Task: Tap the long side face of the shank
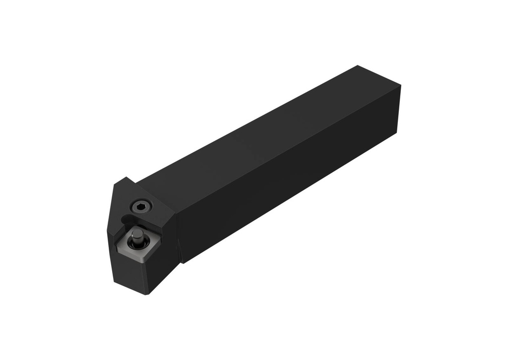pyautogui.click(x=288, y=193)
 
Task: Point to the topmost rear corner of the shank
pyautogui.click(x=358, y=65)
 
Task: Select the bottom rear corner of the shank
pyautogui.click(x=398, y=133)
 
